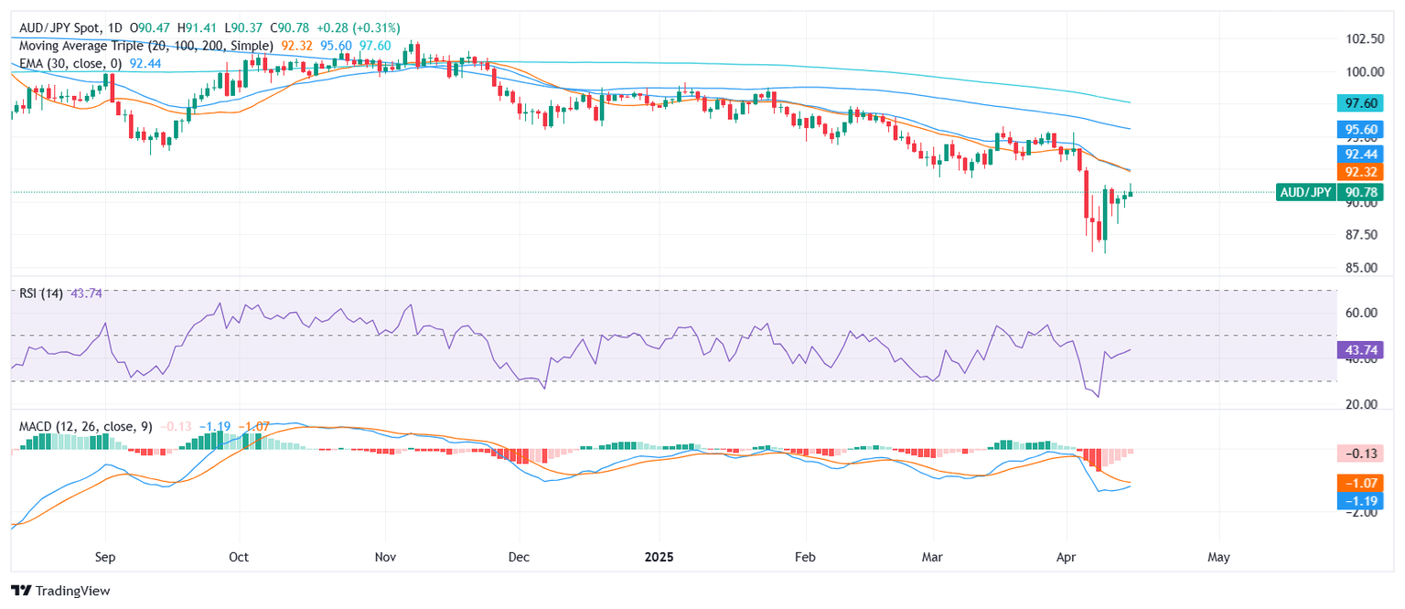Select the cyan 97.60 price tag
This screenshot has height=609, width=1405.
[1364, 104]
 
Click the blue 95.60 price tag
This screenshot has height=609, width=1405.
[1364, 131]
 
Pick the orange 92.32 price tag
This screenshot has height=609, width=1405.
[1364, 172]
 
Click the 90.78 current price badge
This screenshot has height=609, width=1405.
[1364, 192]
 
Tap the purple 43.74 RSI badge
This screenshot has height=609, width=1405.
[1364, 349]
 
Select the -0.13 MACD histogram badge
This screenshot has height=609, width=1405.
[1364, 453]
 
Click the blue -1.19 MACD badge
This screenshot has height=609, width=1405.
[1364, 501]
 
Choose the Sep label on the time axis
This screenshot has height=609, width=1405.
[105, 556]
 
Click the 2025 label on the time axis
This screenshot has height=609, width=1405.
[659, 556]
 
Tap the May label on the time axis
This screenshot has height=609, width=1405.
[1218, 556]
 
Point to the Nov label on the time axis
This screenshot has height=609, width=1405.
[385, 556]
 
